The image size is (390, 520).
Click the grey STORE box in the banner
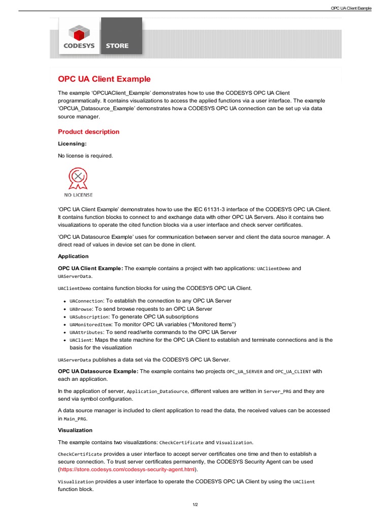click(121, 36)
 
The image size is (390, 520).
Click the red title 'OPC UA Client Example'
click(104, 79)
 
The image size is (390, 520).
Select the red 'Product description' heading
click(89, 132)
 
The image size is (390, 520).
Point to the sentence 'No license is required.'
click(85, 155)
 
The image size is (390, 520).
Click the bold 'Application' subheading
click(73, 256)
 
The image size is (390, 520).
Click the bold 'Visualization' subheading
click(75, 430)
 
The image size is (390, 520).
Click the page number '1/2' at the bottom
click(195, 504)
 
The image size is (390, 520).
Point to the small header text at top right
click(351, 9)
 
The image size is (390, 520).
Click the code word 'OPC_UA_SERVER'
click(244, 372)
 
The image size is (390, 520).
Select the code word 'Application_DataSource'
click(157, 392)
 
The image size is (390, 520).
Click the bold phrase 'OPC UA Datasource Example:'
click(98, 371)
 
